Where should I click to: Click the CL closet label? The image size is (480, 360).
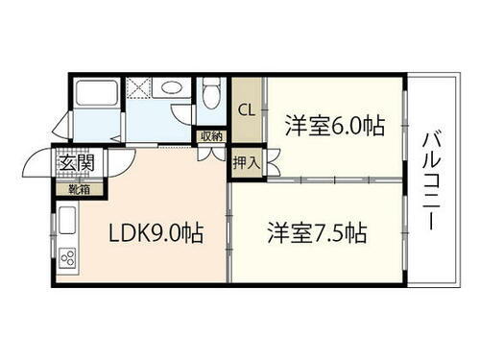[x=246, y=108]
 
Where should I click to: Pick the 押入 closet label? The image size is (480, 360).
[x=246, y=161]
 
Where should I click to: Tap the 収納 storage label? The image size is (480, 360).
[x=211, y=135]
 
